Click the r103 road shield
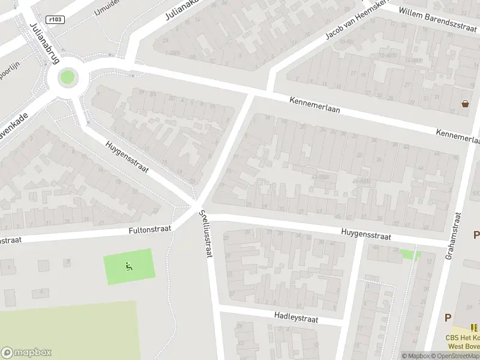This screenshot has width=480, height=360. tap(55, 19)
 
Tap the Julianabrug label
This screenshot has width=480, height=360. tap(40, 43)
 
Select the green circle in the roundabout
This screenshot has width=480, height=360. tap(67, 77)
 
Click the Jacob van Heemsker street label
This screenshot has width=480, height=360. tap(353, 22)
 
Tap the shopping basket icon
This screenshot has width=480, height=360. tap(465, 104)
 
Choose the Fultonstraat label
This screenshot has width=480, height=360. tap(150, 229)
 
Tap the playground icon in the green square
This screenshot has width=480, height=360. tap(128, 266)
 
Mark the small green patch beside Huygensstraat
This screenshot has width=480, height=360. tap(410, 254)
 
